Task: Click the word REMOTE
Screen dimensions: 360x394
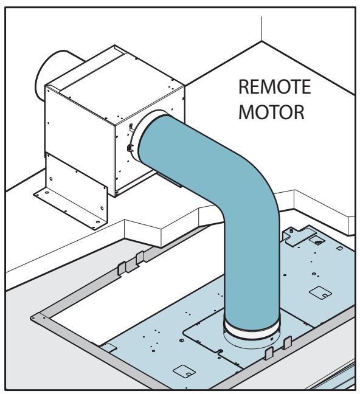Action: (274, 87)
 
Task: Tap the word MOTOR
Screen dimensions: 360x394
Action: (271, 112)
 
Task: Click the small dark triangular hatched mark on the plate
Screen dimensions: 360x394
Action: (319, 243)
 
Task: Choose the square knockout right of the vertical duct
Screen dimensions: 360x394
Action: (320, 293)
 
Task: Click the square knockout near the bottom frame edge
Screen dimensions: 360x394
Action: (184, 371)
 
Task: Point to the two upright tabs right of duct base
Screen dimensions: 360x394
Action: (279, 348)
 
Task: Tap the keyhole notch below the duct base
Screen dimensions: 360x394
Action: (220, 351)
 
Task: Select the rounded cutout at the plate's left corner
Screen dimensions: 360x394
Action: (109, 348)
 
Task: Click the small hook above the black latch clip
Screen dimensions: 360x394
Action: (131, 127)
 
